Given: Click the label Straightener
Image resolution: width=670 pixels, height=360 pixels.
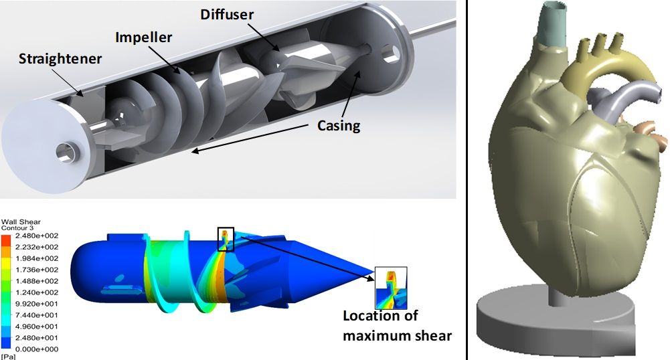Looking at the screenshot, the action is pyautogui.click(x=60, y=59).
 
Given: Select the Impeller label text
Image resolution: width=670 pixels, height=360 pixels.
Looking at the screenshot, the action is pyautogui.click(x=143, y=37).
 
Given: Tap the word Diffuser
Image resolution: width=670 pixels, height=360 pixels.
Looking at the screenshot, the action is pyautogui.click(x=227, y=15).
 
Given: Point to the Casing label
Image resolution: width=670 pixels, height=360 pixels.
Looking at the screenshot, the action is pyautogui.click(x=339, y=126).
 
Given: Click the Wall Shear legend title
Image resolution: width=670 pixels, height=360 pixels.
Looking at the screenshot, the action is pyautogui.click(x=21, y=221).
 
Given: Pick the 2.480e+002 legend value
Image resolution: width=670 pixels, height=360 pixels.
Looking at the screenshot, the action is pyautogui.click(x=37, y=236).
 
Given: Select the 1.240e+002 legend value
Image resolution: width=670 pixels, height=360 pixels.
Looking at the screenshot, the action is pyautogui.click(x=37, y=292).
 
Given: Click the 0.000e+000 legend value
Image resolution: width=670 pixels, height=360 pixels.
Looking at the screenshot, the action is pyautogui.click(x=37, y=349).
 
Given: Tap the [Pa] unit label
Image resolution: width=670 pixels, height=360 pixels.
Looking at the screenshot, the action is pyautogui.click(x=8, y=357).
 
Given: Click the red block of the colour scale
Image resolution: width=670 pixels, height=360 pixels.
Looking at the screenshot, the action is pyautogui.click(x=6, y=240).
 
